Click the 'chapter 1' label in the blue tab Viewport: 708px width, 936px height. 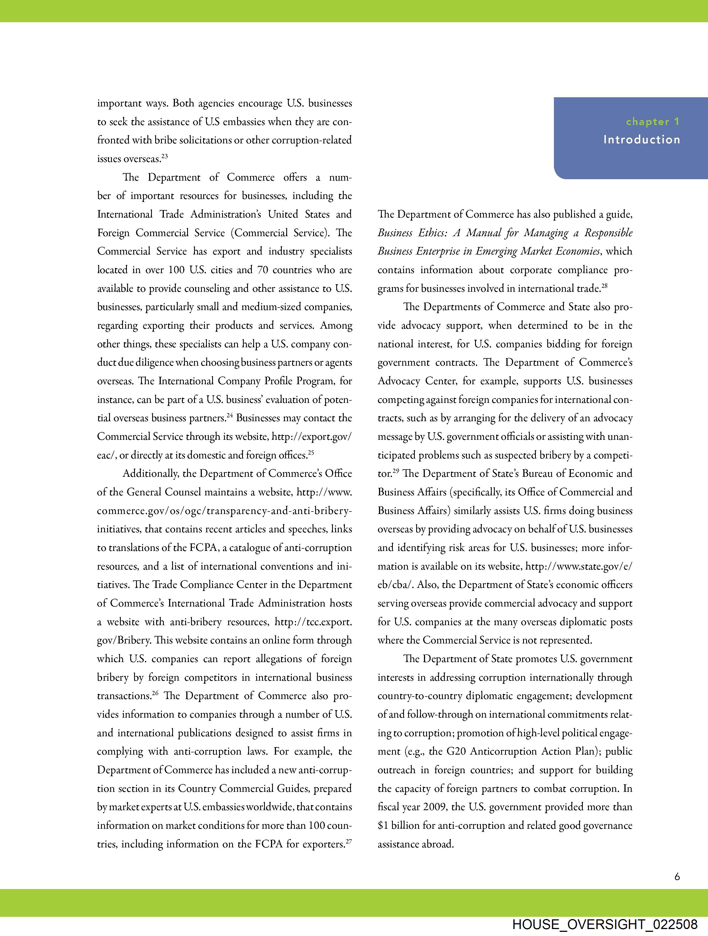[x=652, y=122]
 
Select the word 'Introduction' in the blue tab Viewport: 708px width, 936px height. [x=642, y=140]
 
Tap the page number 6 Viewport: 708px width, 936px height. [x=677, y=877]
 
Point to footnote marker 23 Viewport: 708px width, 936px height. [x=165, y=156]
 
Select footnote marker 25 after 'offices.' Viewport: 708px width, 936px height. [x=311, y=452]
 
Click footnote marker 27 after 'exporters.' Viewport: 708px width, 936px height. [x=349, y=841]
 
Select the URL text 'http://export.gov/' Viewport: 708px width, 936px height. [x=311, y=437]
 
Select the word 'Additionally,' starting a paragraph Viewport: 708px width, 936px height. [x=150, y=473]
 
